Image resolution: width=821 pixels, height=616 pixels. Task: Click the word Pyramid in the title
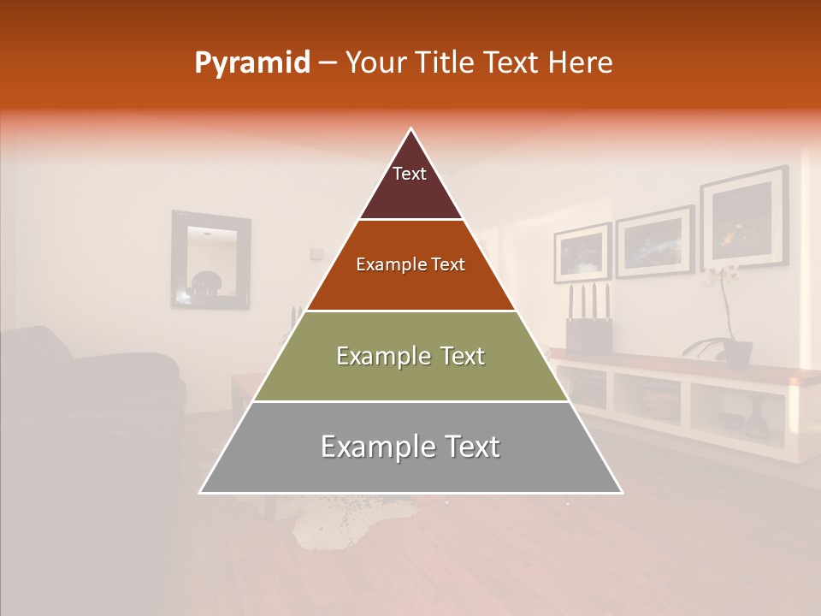[x=251, y=63]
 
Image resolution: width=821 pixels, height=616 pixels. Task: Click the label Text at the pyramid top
[x=410, y=175]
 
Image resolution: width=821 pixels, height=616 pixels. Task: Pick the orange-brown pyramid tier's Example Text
[x=410, y=265]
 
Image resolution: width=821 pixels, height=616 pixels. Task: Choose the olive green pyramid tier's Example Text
[x=410, y=356]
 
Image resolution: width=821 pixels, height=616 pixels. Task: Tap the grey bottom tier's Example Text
[x=410, y=447]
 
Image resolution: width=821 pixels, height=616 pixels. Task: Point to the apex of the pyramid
[x=411, y=129]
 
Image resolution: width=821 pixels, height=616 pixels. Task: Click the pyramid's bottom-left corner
[x=201, y=492]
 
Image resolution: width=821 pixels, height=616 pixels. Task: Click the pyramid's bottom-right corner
[x=622, y=492]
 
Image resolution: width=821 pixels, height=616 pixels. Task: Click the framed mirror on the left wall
[x=210, y=259]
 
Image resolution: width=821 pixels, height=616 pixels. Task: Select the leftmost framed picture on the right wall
[x=582, y=252]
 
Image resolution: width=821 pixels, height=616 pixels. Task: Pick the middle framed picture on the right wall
[x=654, y=240]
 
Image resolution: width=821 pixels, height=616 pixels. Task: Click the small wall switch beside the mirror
[x=317, y=252]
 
